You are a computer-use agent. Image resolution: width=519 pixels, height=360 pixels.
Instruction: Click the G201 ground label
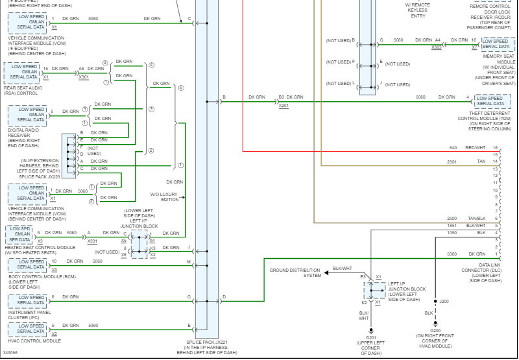370,338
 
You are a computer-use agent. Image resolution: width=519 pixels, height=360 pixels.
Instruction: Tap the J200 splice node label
444,302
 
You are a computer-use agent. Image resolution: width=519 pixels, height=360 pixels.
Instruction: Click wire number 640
453,147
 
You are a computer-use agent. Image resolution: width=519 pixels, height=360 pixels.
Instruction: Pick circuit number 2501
452,162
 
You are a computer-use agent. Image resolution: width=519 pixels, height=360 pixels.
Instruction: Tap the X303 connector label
437,47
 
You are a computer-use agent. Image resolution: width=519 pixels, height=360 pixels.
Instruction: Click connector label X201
284,105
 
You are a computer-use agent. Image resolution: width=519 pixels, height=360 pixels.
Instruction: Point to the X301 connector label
84,77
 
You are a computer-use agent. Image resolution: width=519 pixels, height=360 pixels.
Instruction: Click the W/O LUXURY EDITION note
165,197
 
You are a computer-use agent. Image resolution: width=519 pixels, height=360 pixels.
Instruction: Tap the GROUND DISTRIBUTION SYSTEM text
295,272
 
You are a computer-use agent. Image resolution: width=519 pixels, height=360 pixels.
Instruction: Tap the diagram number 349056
11,354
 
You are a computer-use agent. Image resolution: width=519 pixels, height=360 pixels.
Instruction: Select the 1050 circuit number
452,232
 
